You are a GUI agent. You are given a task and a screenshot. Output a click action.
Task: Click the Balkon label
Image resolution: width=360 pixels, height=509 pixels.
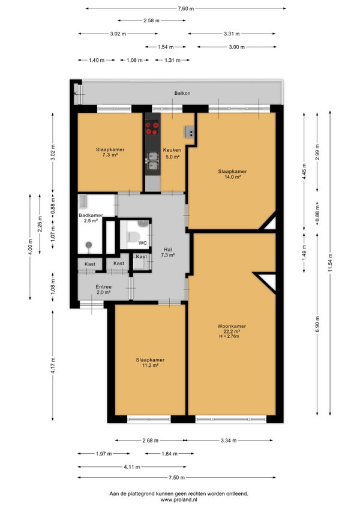(182, 93)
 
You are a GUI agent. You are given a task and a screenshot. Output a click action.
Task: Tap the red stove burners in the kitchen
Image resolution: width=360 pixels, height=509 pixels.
(152, 128)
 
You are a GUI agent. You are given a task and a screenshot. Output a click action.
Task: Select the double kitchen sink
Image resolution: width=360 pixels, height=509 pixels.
(153, 161)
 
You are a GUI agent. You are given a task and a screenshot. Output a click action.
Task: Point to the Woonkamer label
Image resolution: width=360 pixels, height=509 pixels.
(232, 327)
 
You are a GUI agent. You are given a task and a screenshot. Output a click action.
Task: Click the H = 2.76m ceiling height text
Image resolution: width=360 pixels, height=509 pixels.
(229, 336)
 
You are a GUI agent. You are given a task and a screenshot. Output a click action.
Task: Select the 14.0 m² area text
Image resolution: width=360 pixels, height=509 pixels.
(232, 177)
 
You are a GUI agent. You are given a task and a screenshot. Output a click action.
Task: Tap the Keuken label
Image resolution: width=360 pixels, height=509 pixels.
(172, 150)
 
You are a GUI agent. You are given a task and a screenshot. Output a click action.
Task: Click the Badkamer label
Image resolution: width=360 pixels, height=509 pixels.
(91, 215)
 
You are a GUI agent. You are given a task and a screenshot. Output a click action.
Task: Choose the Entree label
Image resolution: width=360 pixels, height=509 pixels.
(104, 287)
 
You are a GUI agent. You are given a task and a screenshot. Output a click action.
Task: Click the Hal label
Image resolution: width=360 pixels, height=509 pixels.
(168, 250)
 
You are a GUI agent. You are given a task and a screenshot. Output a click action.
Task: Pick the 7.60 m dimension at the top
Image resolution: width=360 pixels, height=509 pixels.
(185, 9)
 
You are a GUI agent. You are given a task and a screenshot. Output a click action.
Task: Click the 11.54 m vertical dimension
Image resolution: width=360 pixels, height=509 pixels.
(330, 264)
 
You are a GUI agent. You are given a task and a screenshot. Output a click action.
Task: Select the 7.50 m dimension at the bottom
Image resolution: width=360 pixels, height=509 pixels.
(177, 478)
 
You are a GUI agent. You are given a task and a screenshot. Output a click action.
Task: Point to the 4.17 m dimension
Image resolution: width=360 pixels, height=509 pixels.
(53, 366)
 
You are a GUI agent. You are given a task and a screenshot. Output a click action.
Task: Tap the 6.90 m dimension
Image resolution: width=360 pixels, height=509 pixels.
(317, 324)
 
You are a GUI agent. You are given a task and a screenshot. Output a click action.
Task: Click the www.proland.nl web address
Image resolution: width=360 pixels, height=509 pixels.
(179, 500)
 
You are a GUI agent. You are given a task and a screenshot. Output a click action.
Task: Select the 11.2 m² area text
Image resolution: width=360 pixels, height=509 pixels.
(150, 366)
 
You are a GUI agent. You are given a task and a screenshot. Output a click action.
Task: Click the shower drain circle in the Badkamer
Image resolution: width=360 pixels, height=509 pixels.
(89, 244)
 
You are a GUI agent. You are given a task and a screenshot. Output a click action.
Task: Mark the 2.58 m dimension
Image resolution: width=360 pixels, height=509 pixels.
(152, 21)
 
